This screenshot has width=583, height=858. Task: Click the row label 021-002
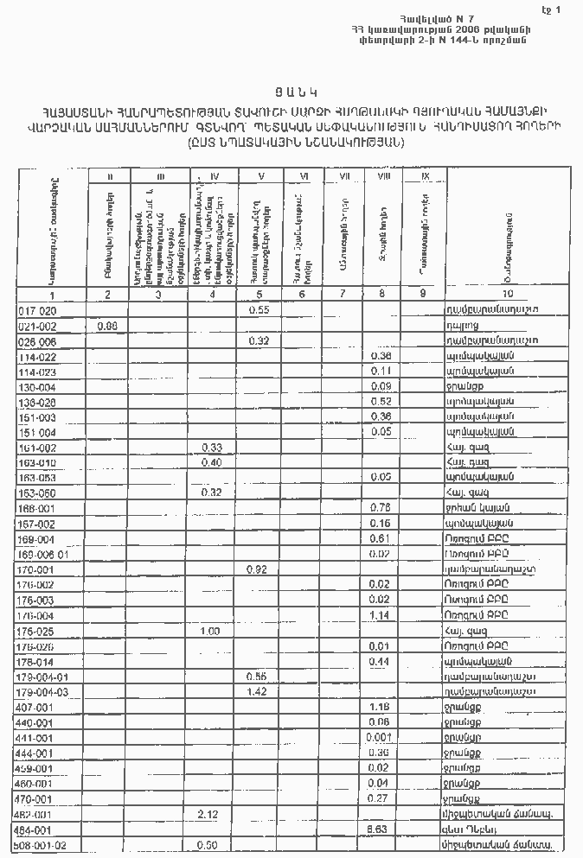click(37, 325)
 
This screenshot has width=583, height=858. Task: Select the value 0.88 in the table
click(107, 325)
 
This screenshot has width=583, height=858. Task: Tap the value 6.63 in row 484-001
click(377, 829)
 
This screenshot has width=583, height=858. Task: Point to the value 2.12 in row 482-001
click(208, 813)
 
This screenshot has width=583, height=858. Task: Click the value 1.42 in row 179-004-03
click(257, 692)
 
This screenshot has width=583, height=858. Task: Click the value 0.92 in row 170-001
click(257, 569)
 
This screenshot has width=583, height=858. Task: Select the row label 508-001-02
click(42, 844)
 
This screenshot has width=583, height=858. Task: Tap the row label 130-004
click(37, 386)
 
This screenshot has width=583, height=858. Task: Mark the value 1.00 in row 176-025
click(208, 631)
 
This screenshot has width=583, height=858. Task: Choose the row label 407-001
click(37, 707)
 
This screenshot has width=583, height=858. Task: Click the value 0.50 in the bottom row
click(208, 844)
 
